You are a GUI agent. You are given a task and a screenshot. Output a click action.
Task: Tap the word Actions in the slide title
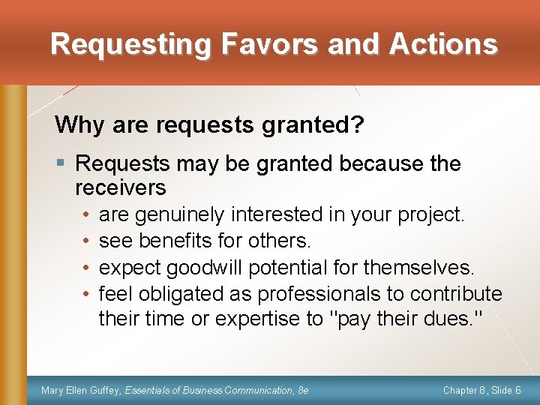443,44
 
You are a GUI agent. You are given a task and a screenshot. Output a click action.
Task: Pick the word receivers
120,186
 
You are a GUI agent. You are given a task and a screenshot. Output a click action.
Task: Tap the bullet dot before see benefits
88,241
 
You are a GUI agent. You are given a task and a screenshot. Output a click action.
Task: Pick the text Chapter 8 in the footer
465,391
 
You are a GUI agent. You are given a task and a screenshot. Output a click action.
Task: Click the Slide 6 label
507,391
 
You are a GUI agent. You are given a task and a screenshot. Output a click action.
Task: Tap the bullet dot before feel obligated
88,293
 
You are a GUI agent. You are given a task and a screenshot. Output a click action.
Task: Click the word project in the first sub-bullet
436,215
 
